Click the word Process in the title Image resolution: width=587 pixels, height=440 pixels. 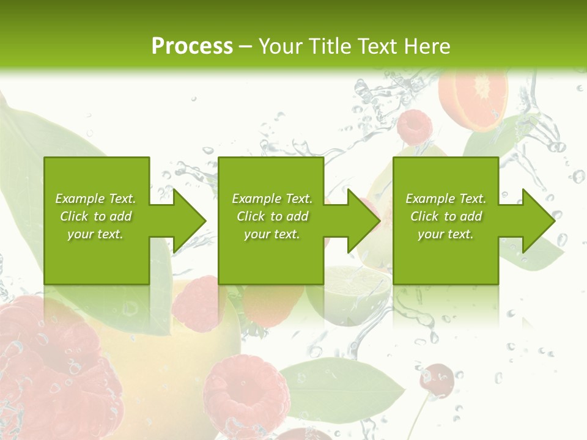(192, 46)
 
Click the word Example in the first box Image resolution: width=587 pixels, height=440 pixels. (79, 199)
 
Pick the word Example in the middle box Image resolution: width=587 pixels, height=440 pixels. (256, 199)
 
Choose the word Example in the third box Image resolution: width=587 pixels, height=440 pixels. (430, 199)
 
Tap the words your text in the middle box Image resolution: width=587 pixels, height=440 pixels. (271, 234)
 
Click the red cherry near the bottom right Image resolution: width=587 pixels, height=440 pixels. (438, 378)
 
